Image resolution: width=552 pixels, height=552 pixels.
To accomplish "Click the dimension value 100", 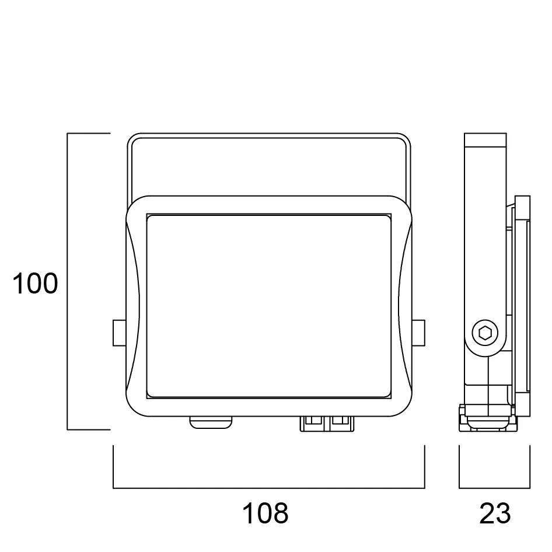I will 36,284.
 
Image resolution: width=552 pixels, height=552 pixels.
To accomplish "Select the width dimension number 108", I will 265,513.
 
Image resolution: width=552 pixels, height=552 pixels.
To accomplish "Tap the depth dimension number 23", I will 495,513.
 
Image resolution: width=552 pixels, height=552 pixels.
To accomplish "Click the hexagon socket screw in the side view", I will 485,334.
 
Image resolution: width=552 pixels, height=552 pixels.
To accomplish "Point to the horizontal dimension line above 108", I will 268,488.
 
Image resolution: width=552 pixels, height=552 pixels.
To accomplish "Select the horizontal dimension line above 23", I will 495,488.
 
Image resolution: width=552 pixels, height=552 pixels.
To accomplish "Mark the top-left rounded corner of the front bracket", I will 132,139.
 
